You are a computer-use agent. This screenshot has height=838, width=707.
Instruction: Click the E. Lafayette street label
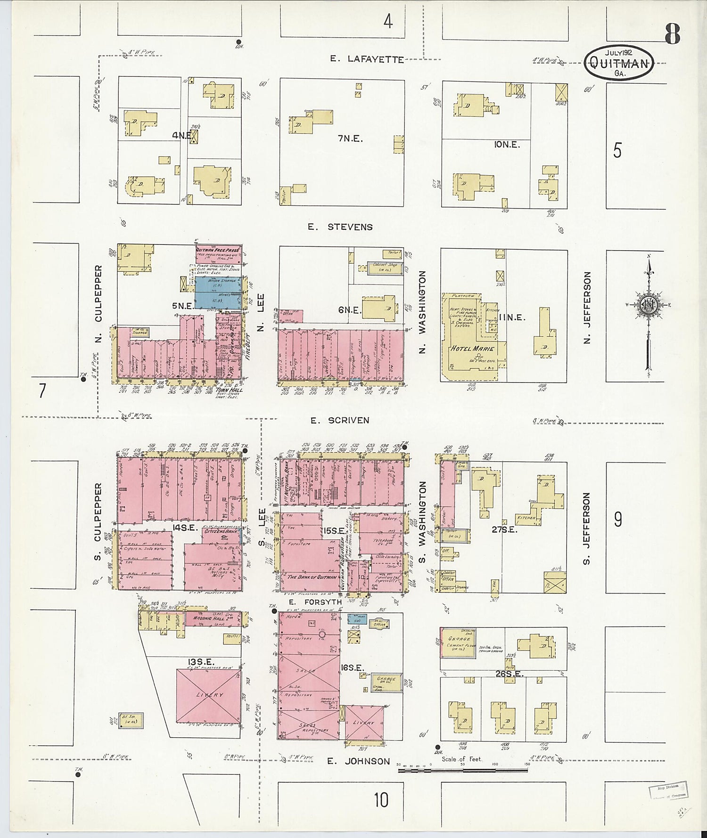click(367, 59)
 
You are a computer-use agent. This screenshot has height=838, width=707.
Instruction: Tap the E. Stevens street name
click(340, 227)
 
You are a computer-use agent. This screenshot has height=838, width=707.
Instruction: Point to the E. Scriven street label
click(339, 420)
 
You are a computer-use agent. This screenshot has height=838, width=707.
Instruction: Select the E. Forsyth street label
click(315, 602)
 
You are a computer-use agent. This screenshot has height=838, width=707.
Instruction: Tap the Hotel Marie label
click(473, 349)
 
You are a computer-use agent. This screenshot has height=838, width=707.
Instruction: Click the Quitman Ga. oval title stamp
click(618, 63)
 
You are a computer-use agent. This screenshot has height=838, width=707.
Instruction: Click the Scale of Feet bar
click(463, 770)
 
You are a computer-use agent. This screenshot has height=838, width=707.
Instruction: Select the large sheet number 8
click(673, 33)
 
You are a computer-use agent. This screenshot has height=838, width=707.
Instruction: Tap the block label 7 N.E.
click(350, 138)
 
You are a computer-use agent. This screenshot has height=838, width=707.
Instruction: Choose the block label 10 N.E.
click(507, 145)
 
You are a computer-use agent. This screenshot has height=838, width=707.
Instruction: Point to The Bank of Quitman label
click(312, 577)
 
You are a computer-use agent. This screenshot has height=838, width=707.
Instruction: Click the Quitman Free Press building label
click(218, 250)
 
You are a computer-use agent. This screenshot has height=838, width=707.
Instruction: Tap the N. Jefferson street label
click(587, 307)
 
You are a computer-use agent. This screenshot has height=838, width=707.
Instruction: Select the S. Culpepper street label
click(98, 521)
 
